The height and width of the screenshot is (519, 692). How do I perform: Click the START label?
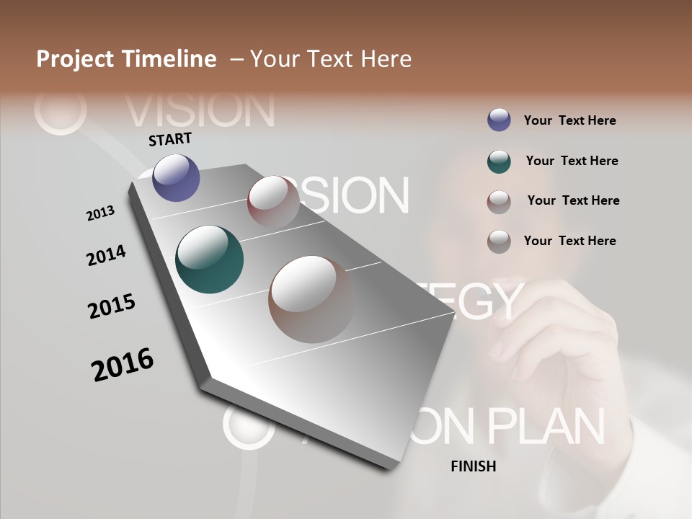point(170,139)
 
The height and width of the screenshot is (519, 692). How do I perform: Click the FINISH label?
point(473,466)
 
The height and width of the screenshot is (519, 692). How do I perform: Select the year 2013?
point(101,213)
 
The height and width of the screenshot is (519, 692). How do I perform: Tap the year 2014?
point(107,256)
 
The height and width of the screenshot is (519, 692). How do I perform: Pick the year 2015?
point(112,306)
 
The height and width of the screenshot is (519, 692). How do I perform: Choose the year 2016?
point(123,365)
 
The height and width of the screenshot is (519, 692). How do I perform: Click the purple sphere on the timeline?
point(176,177)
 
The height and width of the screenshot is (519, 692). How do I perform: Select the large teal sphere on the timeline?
point(209,259)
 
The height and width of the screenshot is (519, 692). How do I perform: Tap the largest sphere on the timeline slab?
point(312,299)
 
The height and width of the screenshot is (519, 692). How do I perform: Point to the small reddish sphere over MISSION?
point(273,202)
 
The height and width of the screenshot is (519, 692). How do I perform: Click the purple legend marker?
point(499,120)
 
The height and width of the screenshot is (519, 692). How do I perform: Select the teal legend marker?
point(499,161)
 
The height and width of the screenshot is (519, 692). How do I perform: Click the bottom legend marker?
point(499,241)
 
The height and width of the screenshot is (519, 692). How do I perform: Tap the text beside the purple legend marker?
point(569,120)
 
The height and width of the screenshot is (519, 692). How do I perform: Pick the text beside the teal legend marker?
point(572,161)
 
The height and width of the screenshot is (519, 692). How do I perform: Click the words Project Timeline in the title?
point(126,59)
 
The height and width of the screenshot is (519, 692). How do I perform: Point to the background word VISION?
point(200,110)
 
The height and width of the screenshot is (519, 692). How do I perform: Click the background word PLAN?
point(546,426)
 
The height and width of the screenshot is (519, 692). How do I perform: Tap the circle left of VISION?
point(60,110)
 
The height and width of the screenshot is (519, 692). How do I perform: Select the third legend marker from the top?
point(499,202)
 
